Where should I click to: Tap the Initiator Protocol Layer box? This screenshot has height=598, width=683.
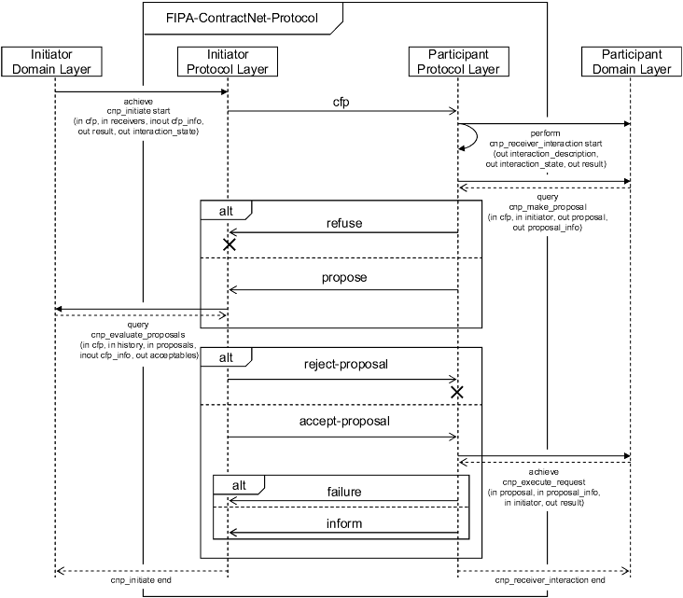[x=228, y=62]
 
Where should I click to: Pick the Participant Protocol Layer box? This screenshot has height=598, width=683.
[x=458, y=62]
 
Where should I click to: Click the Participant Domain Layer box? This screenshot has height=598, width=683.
[x=631, y=62]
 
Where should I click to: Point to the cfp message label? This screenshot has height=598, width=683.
[x=341, y=101]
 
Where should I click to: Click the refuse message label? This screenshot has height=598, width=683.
[x=343, y=224]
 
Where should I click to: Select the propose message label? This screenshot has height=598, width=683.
[x=343, y=278]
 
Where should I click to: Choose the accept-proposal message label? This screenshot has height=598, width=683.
[x=343, y=421]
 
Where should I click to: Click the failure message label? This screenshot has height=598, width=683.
[x=343, y=492]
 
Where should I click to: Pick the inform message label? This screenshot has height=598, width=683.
[x=343, y=523]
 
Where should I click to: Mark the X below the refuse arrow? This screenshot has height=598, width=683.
[x=229, y=244]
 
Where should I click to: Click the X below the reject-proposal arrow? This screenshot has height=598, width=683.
[x=457, y=392]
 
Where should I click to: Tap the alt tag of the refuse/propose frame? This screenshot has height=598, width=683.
[x=225, y=211]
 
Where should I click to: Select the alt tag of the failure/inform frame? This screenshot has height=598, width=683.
[x=238, y=485]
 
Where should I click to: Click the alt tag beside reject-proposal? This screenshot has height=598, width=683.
[x=225, y=357]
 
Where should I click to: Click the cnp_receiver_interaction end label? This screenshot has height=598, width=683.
[x=543, y=580]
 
